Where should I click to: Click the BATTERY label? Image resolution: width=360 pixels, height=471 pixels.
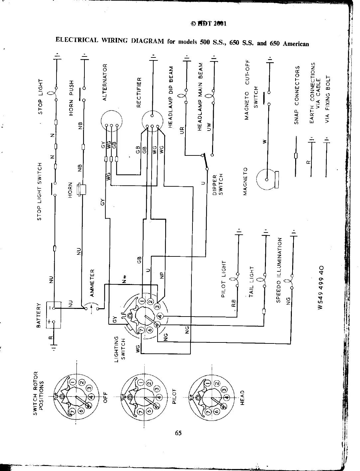pos(39,315)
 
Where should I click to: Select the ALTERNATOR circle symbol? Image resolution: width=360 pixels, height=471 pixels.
pos(112,122)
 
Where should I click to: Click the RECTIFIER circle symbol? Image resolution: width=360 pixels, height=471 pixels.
pos(152,122)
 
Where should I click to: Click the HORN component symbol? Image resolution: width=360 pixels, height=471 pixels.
pos(81,190)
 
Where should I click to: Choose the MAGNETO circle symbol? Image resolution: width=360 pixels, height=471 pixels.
pos(266,180)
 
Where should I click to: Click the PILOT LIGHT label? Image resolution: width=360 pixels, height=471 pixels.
pos(224,279)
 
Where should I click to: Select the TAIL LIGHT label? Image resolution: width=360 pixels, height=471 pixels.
pos(252,282)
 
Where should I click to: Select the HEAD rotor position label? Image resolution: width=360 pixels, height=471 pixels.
pos(242,397)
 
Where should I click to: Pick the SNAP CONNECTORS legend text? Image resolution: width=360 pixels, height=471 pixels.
pos(297,95)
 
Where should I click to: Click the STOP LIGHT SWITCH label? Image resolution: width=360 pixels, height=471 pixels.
pos(40,191)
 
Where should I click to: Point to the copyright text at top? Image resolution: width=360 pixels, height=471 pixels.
pos(208,24)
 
